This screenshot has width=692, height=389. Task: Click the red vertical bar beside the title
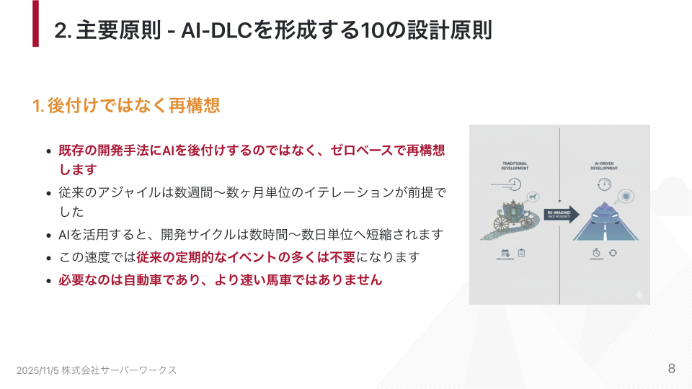tap(35, 23)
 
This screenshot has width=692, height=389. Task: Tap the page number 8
tap(671, 368)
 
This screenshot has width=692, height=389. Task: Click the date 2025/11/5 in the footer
tap(37, 370)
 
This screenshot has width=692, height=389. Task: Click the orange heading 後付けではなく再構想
tap(133, 105)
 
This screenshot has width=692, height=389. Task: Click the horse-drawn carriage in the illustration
tap(513, 217)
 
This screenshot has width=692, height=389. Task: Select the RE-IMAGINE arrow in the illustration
tap(560, 214)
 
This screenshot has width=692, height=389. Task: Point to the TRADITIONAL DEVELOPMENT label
tap(515, 166)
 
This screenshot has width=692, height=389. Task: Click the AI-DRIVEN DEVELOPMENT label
tap(605, 166)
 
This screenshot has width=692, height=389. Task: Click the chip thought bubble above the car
tap(626, 196)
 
